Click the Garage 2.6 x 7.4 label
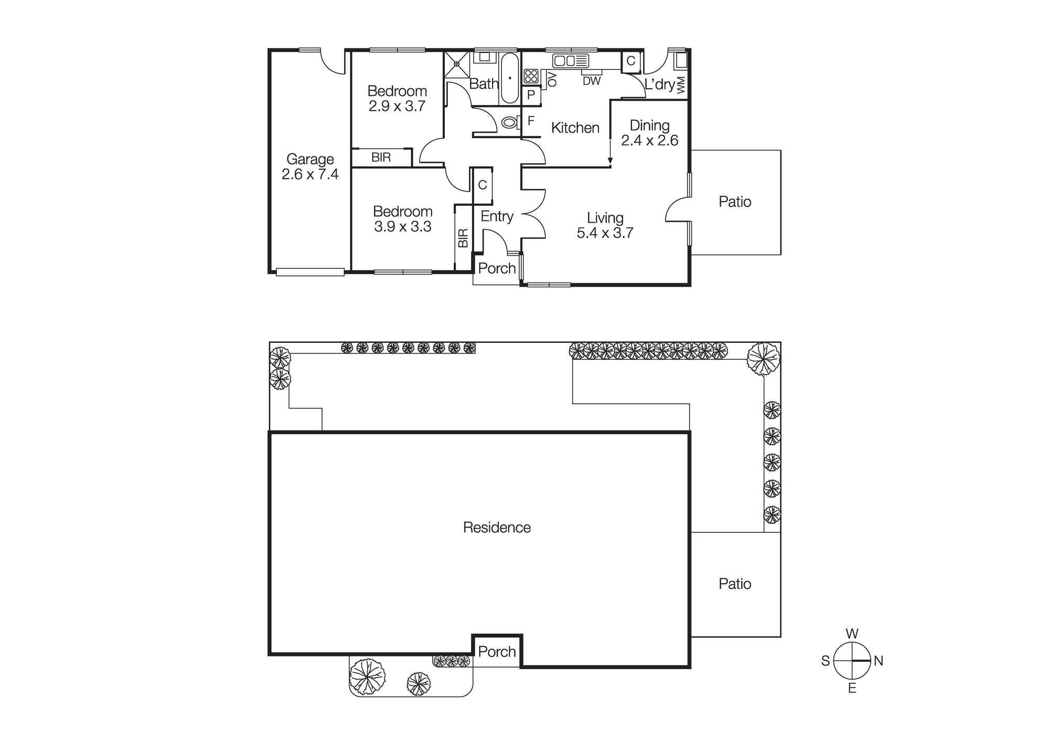click(310, 167)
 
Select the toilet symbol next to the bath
click(509, 123)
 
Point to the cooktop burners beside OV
click(531, 76)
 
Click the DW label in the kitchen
click(592, 81)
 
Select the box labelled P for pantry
click(531, 95)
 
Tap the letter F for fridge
click(531, 121)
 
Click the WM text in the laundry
click(681, 85)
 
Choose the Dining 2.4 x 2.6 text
click(649, 133)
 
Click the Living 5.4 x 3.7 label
click(605, 225)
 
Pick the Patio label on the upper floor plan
click(735, 202)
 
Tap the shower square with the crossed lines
click(457, 64)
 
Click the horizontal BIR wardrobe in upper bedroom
click(381, 157)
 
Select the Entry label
click(497, 216)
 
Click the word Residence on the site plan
click(497, 528)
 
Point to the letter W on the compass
click(852, 633)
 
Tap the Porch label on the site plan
click(497, 651)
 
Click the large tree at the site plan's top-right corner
click(763, 359)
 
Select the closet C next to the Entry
click(483, 185)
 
